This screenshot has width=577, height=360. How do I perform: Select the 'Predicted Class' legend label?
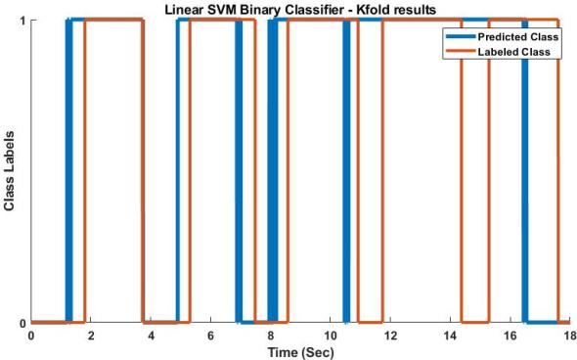pos(517,36)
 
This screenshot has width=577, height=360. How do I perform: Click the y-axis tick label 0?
pos(21,323)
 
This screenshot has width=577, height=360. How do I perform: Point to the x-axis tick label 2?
pos(91,336)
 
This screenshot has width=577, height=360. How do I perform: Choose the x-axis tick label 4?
pos(151,336)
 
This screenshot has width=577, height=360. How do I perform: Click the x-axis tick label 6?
pos(210,336)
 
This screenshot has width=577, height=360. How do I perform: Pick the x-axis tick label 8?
pos(270,336)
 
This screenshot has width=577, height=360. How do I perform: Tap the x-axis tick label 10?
pos(331,336)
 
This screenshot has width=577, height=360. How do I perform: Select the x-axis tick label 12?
pos(390,336)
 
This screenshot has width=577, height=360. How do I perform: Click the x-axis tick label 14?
pos(450,336)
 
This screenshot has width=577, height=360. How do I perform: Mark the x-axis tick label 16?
pos(510,336)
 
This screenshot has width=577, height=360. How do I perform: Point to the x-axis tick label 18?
pos(568,336)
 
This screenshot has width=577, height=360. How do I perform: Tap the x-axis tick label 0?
pos(31,336)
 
